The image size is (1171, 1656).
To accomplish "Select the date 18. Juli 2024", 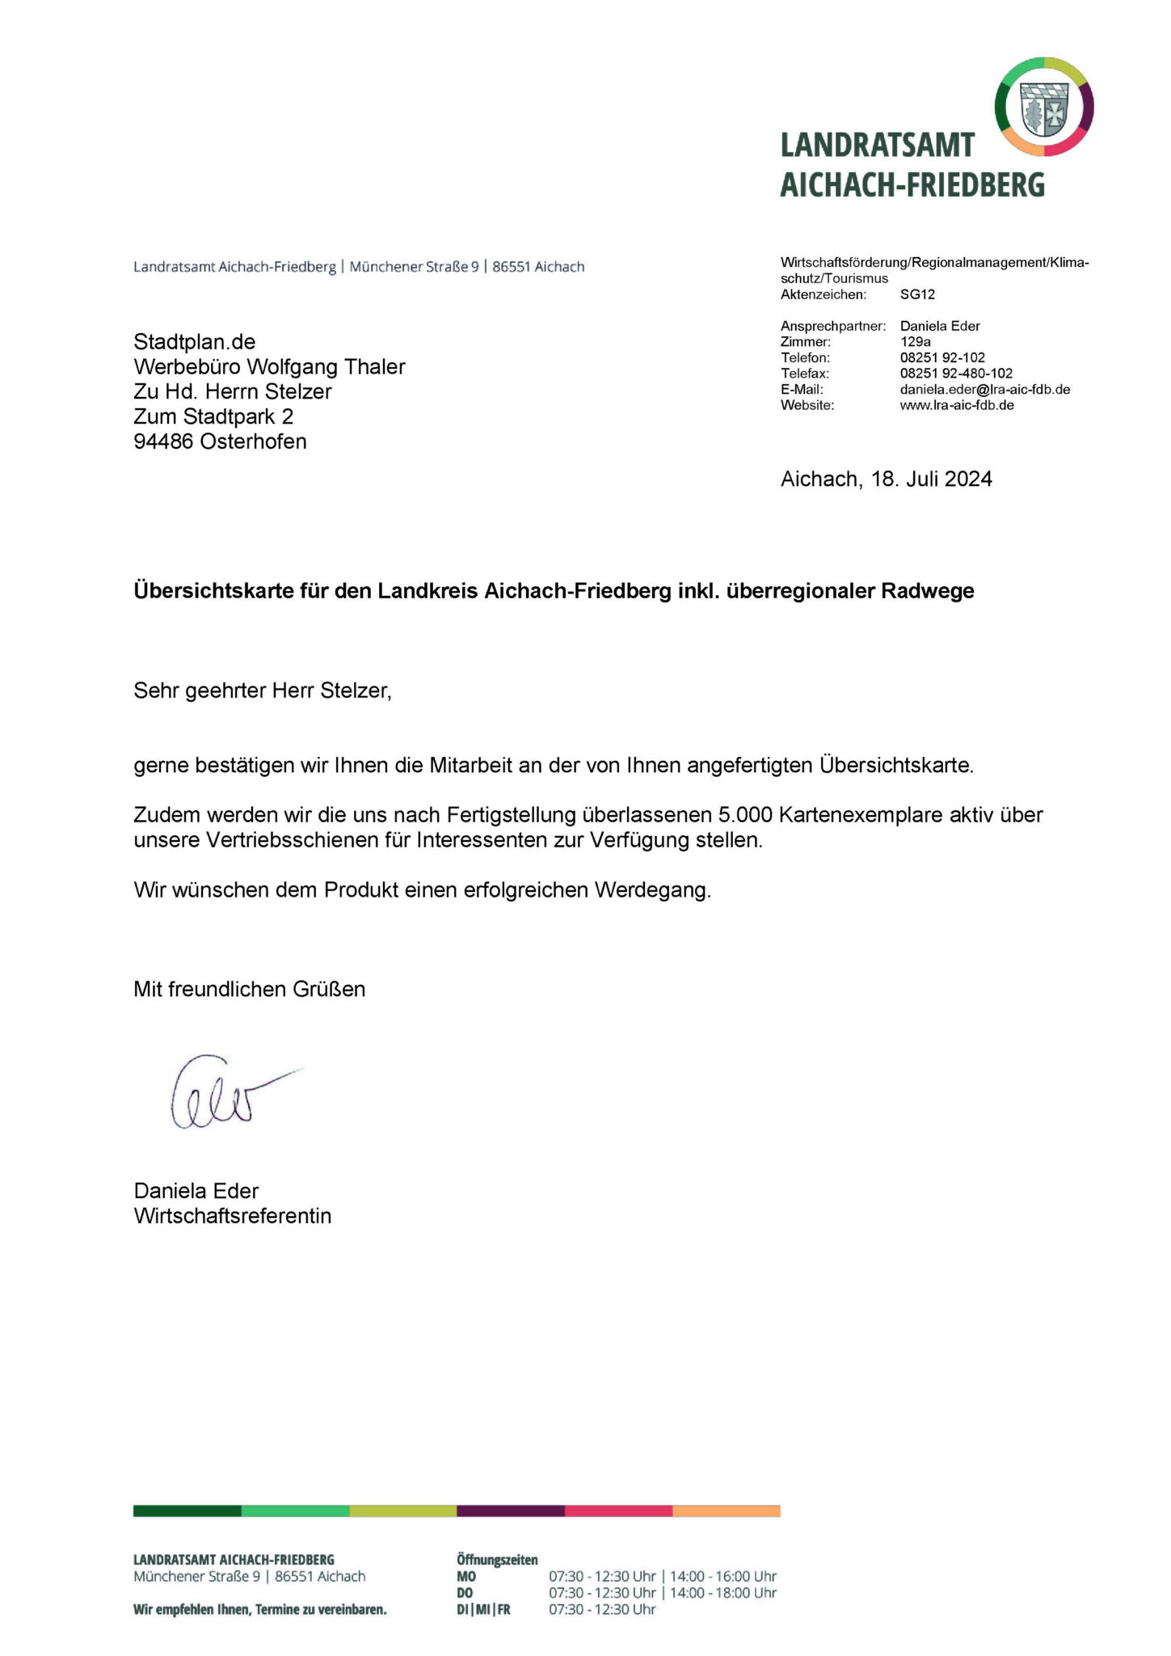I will click(931, 479).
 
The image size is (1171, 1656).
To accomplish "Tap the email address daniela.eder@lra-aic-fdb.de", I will click(984, 390).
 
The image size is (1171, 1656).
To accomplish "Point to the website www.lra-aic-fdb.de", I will click(956, 405).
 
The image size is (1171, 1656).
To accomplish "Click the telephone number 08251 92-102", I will click(942, 357).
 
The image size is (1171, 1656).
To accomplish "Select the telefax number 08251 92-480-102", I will click(956, 374).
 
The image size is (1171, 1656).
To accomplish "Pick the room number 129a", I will click(915, 342).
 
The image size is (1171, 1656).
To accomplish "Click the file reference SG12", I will click(917, 294).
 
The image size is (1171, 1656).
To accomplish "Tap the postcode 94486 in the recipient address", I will click(164, 442).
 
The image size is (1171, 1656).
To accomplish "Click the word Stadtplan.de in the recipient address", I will click(195, 342).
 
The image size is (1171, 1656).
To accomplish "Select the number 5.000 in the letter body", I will click(745, 815).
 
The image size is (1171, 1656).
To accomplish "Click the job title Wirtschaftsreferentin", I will click(233, 1216).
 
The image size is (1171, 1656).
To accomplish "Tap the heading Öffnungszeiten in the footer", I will click(497, 1560).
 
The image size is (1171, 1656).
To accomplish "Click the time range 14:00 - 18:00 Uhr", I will click(723, 1593).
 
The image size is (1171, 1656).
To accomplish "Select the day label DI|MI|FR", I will click(483, 1610).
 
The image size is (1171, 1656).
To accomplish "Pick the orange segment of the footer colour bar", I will click(726, 1511).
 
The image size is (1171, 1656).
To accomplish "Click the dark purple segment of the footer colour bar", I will click(511, 1511).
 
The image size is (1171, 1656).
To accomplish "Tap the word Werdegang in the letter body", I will click(652, 890).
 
